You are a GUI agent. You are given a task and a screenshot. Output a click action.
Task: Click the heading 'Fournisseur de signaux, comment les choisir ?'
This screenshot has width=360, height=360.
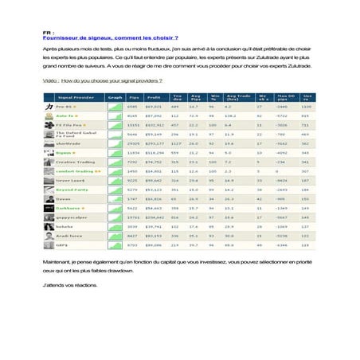tap(110, 37)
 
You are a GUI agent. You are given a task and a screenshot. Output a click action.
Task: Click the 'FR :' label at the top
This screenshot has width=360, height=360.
tap(48, 33)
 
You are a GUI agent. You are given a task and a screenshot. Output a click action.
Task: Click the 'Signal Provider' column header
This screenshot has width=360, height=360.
tap(73, 96)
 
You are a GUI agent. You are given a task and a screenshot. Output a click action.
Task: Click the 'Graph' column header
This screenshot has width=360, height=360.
tap(115, 96)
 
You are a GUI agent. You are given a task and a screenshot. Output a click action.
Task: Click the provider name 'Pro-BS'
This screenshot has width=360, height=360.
tap(64, 106)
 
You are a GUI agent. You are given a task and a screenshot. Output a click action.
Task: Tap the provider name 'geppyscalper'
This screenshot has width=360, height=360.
tap(68, 217)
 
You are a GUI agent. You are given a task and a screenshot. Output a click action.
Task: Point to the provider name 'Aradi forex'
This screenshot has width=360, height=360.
tap(66, 236)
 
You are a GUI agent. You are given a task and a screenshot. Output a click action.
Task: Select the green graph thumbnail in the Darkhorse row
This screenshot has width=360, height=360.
tap(115, 207)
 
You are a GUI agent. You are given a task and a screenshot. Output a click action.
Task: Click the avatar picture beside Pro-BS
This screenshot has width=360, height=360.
tap(47, 106)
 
